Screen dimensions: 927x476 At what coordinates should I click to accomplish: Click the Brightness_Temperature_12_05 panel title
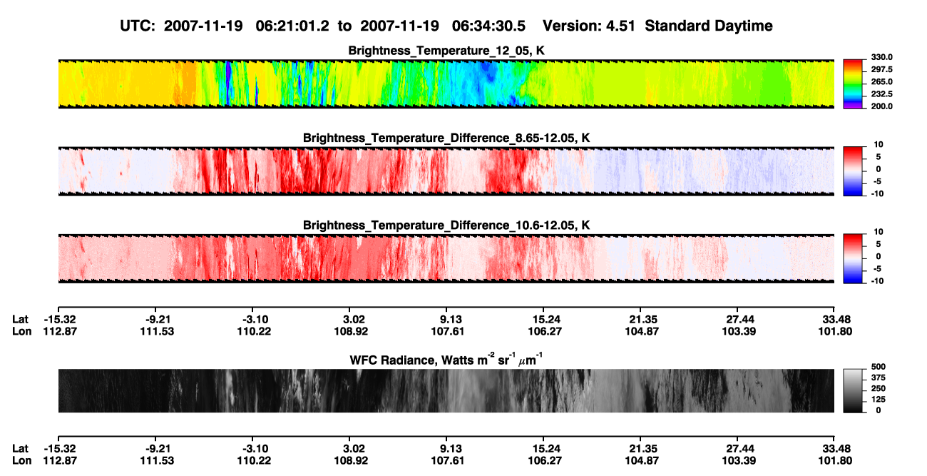click(446, 51)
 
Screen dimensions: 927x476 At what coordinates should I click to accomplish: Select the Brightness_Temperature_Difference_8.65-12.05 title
click(446, 138)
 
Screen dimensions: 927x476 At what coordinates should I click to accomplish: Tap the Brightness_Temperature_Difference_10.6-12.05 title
click(446, 226)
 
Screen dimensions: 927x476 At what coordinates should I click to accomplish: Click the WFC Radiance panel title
click(446, 360)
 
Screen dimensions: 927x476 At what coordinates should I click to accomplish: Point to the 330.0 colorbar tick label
click(881, 57)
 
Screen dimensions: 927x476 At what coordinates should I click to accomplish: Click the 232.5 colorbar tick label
click(881, 94)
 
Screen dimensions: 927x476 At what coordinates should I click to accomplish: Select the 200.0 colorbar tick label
click(881, 106)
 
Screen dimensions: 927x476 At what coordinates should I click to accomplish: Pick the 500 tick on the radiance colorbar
click(879, 367)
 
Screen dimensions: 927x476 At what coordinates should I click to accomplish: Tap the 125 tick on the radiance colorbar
click(879, 400)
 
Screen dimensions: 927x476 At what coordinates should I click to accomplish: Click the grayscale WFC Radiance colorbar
click(853, 390)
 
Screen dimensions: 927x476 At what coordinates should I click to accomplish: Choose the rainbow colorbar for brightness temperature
click(853, 84)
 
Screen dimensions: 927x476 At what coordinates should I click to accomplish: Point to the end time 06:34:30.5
click(488, 26)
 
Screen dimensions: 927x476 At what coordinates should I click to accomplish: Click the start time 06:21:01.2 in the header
click(292, 26)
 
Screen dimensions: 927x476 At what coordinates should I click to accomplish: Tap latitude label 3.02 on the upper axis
click(354, 320)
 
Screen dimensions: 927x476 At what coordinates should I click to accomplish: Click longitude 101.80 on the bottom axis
click(835, 461)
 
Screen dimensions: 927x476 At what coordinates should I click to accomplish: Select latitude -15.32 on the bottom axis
click(60, 449)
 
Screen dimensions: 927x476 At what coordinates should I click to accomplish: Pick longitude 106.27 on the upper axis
click(545, 331)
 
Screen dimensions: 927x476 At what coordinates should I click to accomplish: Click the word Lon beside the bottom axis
click(21, 461)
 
